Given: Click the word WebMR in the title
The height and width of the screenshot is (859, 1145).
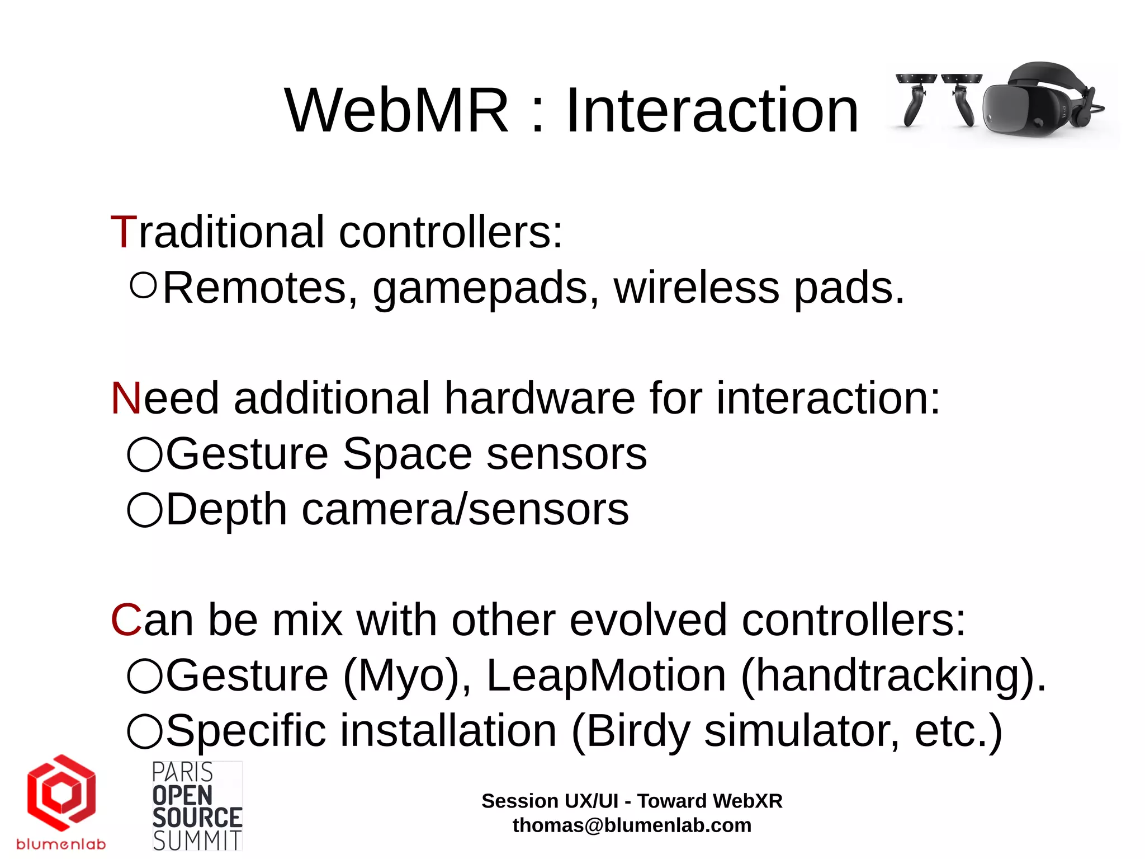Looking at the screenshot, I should click(x=396, y=111).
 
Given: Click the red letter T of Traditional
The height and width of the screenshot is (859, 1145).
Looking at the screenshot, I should click(x=124, y=232).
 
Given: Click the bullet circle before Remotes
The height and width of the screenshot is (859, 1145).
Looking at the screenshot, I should click(x=144, y=285).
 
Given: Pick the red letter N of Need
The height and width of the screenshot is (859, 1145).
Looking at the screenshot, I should click(x=126, y=398).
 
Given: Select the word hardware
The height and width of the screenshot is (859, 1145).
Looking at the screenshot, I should click(x=539, y=398).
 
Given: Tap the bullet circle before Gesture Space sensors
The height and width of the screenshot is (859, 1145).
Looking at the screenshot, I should click(x=145, y=454).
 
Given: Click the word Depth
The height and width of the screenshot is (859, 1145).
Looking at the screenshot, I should click(x=226, y=510).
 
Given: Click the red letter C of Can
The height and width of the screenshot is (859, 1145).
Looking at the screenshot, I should click(x=126, y=621).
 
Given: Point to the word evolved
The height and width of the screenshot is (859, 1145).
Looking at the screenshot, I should click(x=648, y=621).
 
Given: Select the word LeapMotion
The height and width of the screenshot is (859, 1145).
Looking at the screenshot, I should click(x=606, y=676).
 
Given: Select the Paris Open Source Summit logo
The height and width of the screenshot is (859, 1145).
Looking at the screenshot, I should click(x=197, y=806).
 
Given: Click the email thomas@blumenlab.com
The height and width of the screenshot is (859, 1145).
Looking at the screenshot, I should click(x=632, y=825).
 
